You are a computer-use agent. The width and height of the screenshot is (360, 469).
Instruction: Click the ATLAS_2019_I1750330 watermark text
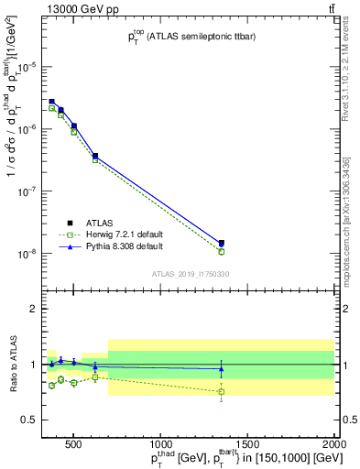click(191, 274)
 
